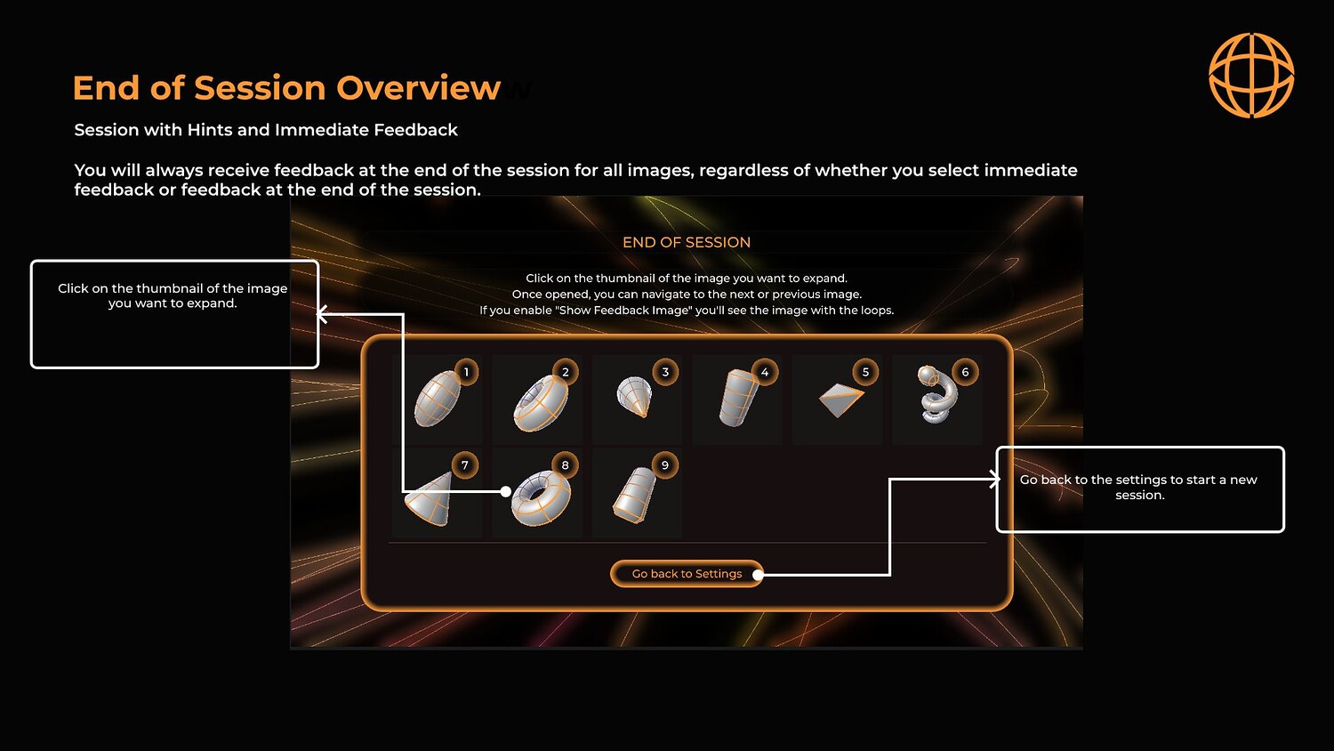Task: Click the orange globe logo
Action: coord(1251,75)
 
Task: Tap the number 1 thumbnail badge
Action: coord(466,373)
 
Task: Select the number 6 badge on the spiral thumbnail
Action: coord(965,373)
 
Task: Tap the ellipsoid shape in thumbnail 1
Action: coord(438,399)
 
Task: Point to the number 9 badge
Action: coord(665,465)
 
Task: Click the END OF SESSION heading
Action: coord(687,243)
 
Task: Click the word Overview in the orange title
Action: coord(418,88)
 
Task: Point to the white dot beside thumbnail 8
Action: coord(506,492)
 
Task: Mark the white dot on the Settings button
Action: coord(758,575)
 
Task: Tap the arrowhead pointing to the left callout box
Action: coord(322,314)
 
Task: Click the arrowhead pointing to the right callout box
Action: coord(994,479)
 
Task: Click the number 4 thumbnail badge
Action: coord(765,373)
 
